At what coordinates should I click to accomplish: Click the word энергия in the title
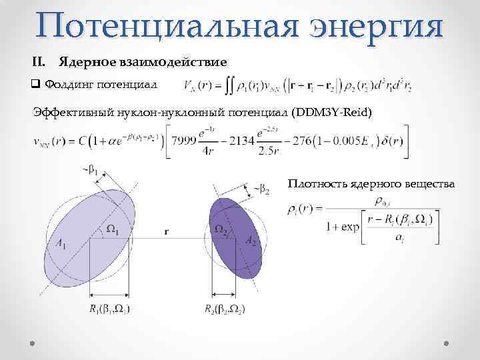[377, 26]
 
